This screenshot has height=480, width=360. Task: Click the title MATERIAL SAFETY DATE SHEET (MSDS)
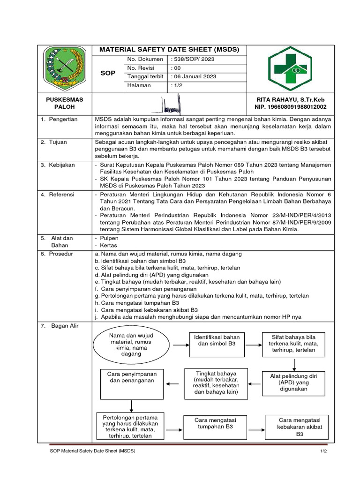pos(169,50)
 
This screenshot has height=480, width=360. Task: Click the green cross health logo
pos(289,69)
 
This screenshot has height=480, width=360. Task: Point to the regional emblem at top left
pos(65,69)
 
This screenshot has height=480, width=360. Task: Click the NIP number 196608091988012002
pos(290,107)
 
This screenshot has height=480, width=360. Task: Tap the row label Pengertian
pos(64,120)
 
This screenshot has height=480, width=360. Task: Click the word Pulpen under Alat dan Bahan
pos(109,238)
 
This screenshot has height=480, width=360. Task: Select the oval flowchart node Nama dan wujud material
pos(131,345)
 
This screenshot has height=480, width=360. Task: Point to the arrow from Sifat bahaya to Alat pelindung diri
pos(294,364)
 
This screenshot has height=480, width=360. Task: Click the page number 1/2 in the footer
pos(323,451)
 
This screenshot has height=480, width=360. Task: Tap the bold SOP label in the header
pos(108,74)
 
